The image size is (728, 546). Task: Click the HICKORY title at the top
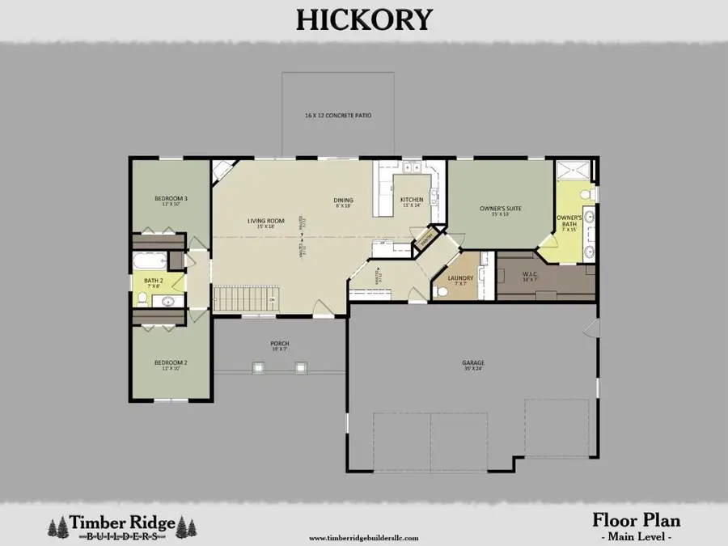click(x=363, y=19)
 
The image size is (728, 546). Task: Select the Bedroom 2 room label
click(x=171, y=363)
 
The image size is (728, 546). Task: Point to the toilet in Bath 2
click(x=142, y=299)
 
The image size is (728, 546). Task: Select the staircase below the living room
click(x=241, y=300)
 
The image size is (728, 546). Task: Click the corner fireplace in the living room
click(x=221, y=170)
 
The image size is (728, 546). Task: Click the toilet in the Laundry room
click(x=442, y=292)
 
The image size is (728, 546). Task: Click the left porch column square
click(x=259, y=368)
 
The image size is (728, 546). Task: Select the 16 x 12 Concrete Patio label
click(x=338, y=116)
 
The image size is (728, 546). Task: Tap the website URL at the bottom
click(x=363, y=537)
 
